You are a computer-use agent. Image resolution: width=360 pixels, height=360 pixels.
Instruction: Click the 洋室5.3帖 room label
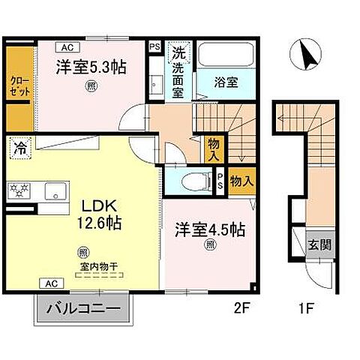[88, 66]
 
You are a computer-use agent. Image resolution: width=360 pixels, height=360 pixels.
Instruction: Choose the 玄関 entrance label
[322, 244]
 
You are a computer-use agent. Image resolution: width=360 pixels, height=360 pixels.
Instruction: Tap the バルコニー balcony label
[82, 307]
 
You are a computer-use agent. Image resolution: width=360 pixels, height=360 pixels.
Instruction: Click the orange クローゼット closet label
[20, 84]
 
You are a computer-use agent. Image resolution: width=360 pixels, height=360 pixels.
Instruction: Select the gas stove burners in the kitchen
[18, 189]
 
